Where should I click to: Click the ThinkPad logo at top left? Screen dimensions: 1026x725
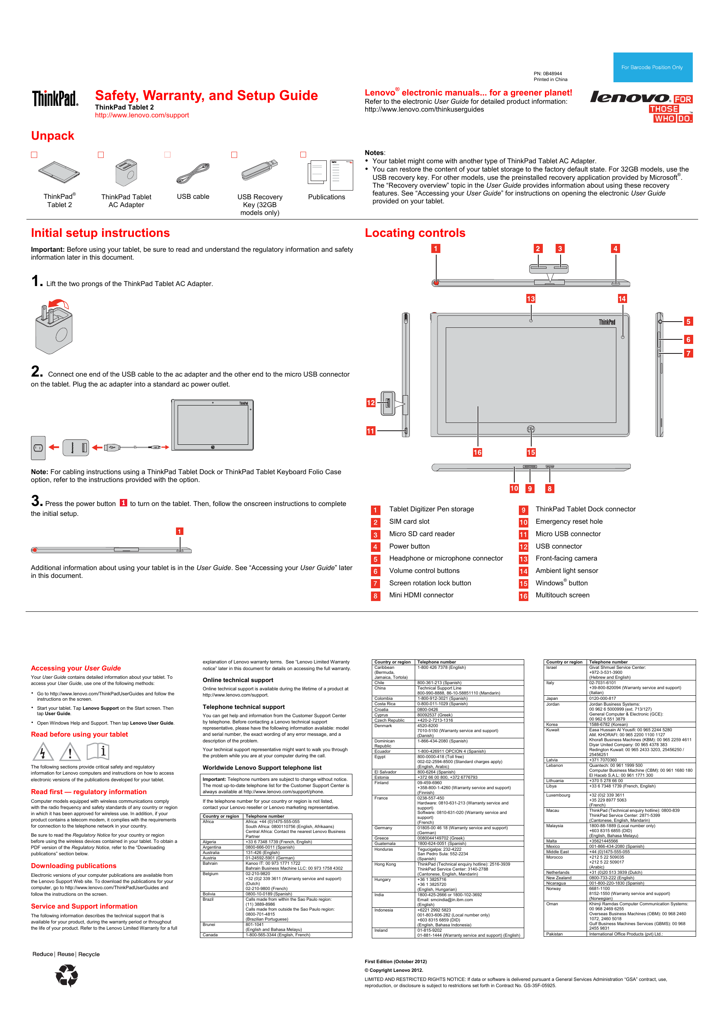55,98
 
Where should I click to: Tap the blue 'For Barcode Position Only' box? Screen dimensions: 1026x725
652,67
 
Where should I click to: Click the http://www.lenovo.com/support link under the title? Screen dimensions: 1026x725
142,115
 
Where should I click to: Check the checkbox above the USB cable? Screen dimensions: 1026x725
167,155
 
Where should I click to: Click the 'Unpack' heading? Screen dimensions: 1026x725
53,136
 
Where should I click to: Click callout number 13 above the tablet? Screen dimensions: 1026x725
530,298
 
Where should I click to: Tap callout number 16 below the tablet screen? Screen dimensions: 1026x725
477,452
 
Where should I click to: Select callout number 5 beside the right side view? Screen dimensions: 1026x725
688,321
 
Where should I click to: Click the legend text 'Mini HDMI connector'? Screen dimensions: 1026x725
421,595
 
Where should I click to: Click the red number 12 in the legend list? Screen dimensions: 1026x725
523,547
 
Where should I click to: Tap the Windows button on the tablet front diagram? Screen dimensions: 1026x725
530,429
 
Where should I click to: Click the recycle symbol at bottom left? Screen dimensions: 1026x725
67,975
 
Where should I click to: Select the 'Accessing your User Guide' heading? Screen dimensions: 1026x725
76,668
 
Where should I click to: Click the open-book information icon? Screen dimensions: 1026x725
98,751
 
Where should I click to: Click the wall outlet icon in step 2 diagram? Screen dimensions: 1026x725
38,448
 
